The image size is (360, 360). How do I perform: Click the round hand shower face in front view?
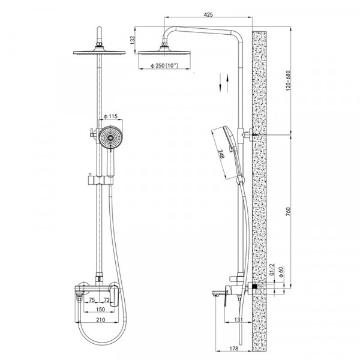coord(110,137)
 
